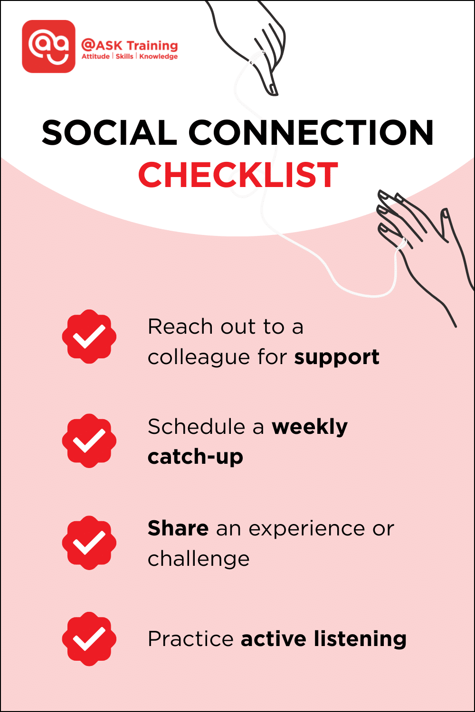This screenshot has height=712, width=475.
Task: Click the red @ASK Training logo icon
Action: tap(48, 47)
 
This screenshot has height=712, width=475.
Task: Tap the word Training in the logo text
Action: tap(152, 46)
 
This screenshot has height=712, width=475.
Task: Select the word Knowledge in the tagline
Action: tap(158, 56)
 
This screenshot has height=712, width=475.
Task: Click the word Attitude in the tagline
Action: tap(95, 56)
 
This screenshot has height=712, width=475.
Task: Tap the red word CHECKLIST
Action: tap(238, 175)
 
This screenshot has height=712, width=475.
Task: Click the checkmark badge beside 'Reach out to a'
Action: tap(89, 337)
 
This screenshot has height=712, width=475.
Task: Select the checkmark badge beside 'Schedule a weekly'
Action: tap(89, 440)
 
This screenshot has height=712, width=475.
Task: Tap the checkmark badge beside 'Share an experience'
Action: tap(89, 543)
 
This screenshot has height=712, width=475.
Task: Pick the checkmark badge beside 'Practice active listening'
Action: tap(89, 639)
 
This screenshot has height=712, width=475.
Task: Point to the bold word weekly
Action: tap(310, 427)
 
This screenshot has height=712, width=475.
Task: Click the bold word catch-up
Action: tap(195, 457)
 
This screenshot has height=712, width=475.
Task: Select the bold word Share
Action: tap(178, 528)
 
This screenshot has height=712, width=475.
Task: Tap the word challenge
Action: tap(199, 559)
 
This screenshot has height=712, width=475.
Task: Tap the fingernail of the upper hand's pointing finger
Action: tap(272, 89)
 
